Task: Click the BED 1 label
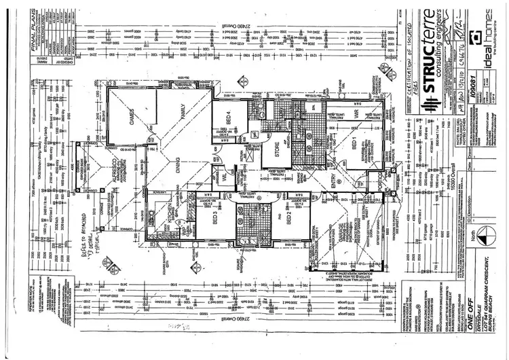pos(354,145)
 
